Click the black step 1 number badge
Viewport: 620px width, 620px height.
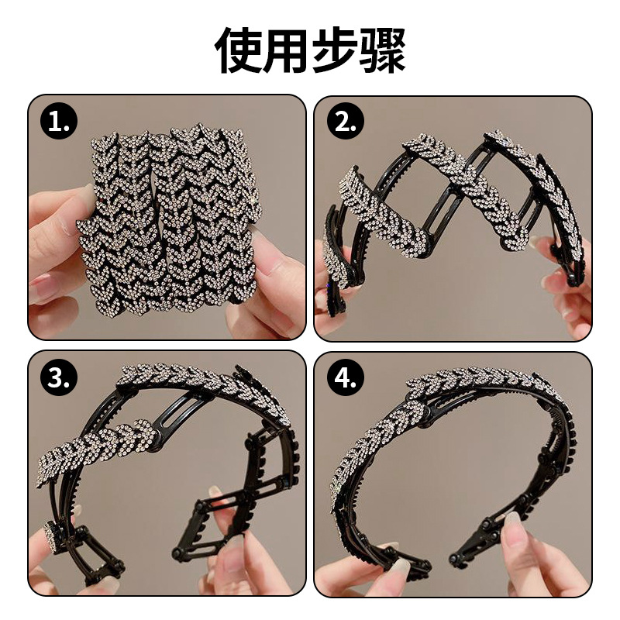(59, 122)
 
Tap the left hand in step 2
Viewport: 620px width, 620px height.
(329, 302)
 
